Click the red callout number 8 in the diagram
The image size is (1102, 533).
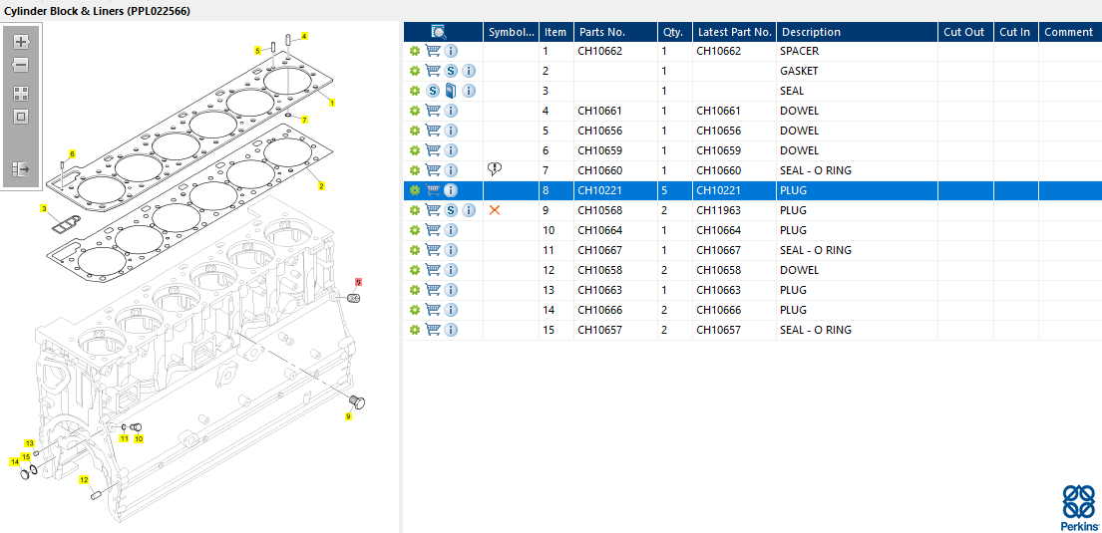pyautogui.click(x=358, y=283)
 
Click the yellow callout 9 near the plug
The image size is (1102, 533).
pyautogui.click(x=348, y=416)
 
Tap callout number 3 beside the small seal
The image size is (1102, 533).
pyautogui.click(x=44, y=209)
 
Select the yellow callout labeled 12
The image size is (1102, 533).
pyautogui.click(x=84, y=480)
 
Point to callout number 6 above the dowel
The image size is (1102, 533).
pyautogui.click(x=71, y=153)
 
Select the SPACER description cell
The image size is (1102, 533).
pyautogui.click(x=799, y=51)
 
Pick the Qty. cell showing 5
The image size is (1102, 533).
pyautogui.click(x=664, y=190)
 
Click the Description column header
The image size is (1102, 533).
pyautogui.click(x=811, y=32)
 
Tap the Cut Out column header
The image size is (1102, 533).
pyautogui.click(x=963, y=32)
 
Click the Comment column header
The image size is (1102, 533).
pyautogui.click(x=1068, y=32)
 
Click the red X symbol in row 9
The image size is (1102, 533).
pyautogui.click(x=495, y=210)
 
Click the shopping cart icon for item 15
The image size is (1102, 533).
pyautogui.click(x=433, y=330)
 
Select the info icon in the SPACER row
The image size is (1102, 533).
pyautogui.click(x=451, y=51)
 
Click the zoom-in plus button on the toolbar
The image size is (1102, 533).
pyautogui.click(x=21, y=42)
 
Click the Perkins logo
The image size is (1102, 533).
pyautogui.click(x=1078, y=506)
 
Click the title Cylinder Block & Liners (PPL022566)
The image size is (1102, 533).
pyautogui.click(x=98, y=10)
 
